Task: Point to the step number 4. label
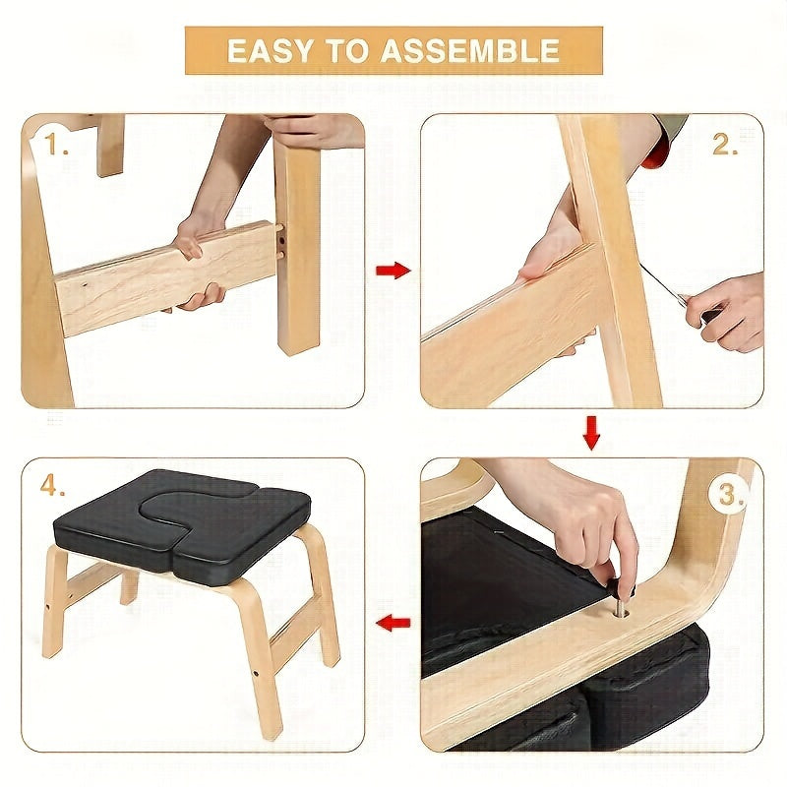(55, 487)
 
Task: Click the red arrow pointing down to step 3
(590, 433)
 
